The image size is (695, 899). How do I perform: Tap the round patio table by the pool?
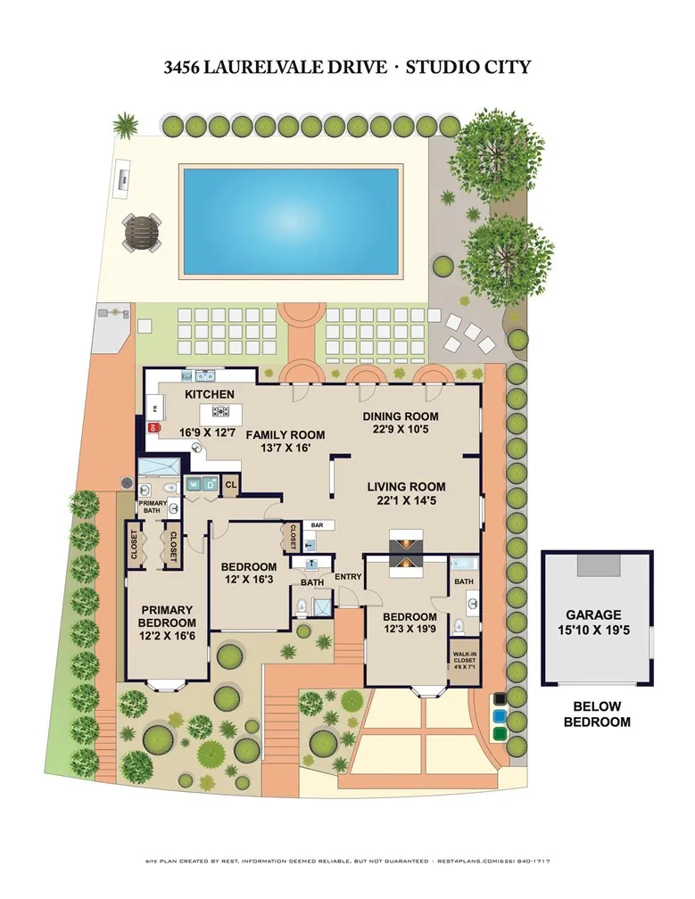[x=142, y=233]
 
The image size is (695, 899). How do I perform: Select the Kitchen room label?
[x=210, y=394]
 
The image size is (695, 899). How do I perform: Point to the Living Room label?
[x=406, y=487]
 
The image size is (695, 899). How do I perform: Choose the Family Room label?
[x=285, y=435]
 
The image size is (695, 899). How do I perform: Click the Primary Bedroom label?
[x=167, y=616]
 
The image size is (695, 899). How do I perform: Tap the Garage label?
[x=598, y=615]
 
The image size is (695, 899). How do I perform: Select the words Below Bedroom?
[x=597, y=714]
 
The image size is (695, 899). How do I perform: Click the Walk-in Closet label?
[x=462, y=655]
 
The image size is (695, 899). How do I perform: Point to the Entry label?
[x=348, y=576]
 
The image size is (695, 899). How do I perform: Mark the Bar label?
[x=317, y=525]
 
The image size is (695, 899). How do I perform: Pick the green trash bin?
[x=500, y=733]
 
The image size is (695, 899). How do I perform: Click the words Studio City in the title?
[x=470, y=67]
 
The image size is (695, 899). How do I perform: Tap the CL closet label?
[x=230, y=485]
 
